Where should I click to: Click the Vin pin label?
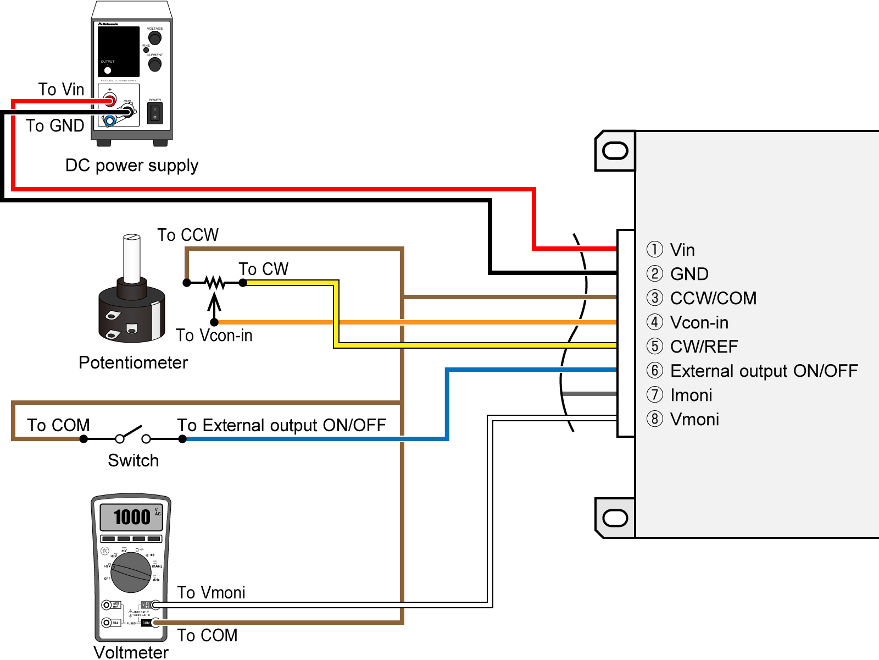point(682,250)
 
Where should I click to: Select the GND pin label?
point(689,274)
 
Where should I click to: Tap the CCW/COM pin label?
point(713,298)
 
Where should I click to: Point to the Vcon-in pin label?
point(699,322)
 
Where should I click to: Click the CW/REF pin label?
point(704,346)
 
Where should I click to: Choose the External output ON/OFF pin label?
point(764,371)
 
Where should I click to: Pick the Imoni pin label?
point(691,395)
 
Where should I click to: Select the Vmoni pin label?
point(694,419)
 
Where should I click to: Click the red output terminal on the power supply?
point(110,100)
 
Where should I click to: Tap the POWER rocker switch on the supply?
point(155,113)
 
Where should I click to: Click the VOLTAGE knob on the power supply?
point(155,38)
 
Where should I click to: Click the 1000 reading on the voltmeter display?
point(131,517)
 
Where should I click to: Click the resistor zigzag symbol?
point(215,283)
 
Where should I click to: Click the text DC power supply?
point(131,165)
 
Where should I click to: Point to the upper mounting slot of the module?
point(615,151)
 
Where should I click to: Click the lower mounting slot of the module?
point(615,518)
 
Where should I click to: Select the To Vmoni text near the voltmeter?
point(211,592)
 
